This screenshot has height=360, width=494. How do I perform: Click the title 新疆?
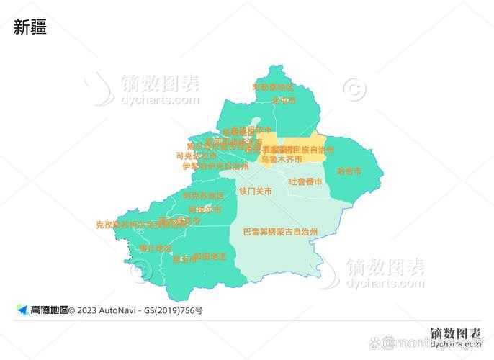tap(30, 27)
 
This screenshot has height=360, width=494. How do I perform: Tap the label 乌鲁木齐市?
tap(281, 159)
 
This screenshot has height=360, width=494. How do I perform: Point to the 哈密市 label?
tap(349, 171)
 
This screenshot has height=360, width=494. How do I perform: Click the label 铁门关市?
tap(256, 192)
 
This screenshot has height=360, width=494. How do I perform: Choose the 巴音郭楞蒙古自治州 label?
tap(280, 232)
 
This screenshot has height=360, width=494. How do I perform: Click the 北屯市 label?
tap(284, 100)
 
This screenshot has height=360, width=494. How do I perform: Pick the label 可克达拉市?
tap(196, 156)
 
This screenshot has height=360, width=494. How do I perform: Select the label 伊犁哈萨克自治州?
tap(215, 166)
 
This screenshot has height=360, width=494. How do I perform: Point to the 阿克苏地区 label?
tap(203, 196)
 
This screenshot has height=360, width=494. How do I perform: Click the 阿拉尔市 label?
tap(205, 210)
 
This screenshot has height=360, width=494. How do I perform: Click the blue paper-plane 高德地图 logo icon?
tap(22, 310)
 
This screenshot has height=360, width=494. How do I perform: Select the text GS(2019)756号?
tap(173, 310)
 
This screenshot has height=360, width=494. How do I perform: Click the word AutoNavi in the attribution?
tap(119, 310)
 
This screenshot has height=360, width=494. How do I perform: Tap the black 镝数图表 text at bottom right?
tap(455, 333)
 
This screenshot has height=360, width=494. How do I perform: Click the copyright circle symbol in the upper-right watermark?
tap(354, 89)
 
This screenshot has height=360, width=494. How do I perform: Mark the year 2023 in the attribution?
tap(86, 310)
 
